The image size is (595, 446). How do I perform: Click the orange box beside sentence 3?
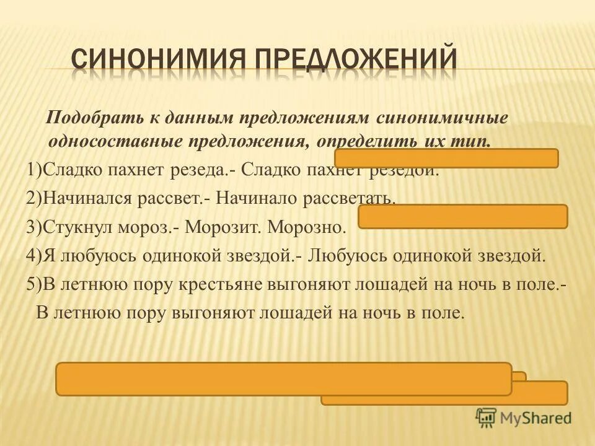click(462, 217)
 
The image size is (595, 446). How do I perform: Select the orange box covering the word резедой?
click(446, 159)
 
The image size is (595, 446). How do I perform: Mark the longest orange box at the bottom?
click(284, 378)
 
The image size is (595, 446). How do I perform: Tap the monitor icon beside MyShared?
click(486, 418)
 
